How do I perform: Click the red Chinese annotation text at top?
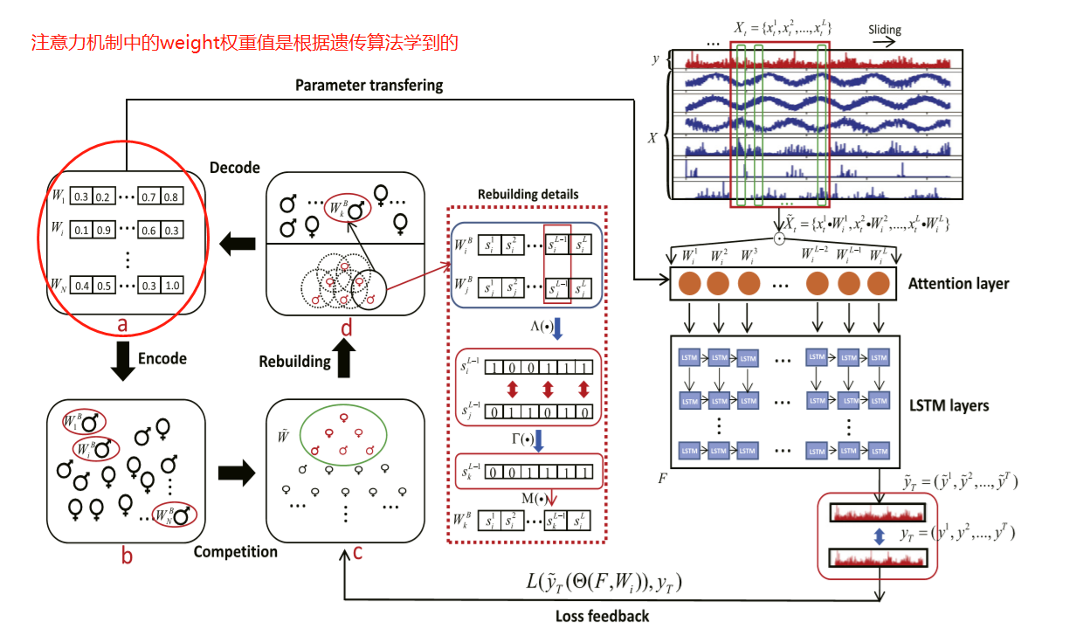point(245,42)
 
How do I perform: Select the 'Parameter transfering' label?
point(369,86)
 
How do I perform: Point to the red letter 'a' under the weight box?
point(122,325)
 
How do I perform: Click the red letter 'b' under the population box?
point(127,556)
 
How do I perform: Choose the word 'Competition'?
point(235,551)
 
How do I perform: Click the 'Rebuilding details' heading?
point(528,194)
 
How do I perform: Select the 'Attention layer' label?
point(958,283)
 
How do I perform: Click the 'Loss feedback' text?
point(602,616)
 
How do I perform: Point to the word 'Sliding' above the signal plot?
point(884,30)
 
